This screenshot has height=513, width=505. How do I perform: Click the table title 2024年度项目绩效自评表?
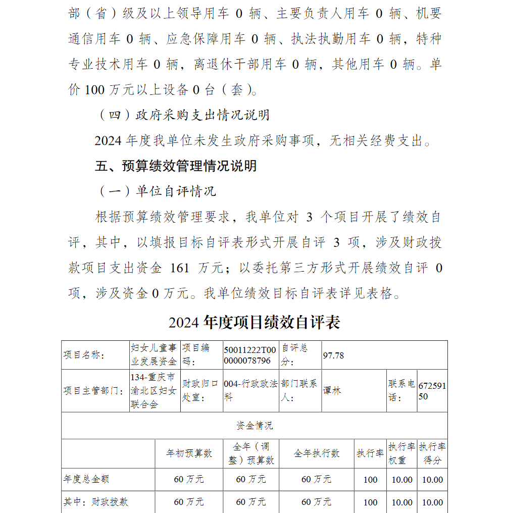254,323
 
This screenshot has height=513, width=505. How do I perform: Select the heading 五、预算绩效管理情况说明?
176,166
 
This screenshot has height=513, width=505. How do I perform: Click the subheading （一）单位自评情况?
157,191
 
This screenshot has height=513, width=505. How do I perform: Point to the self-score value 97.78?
333,355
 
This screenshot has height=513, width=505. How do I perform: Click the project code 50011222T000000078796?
250,355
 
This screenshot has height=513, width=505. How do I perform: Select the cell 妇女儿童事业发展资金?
154,355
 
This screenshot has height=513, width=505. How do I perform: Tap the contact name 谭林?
332,391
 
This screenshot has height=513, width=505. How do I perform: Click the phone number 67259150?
432,391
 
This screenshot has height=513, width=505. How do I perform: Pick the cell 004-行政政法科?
250,391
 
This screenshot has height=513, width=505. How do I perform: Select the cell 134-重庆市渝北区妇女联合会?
154,391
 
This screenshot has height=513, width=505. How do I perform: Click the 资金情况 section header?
255,426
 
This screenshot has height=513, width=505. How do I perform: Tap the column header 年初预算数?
189,453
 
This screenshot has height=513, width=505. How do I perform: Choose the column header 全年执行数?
317,453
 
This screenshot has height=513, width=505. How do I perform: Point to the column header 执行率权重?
402,453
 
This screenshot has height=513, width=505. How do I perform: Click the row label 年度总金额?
86,479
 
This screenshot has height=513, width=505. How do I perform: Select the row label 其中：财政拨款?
95,502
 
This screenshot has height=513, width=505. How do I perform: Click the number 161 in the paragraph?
180,268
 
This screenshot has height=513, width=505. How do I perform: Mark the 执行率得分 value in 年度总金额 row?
432,480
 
